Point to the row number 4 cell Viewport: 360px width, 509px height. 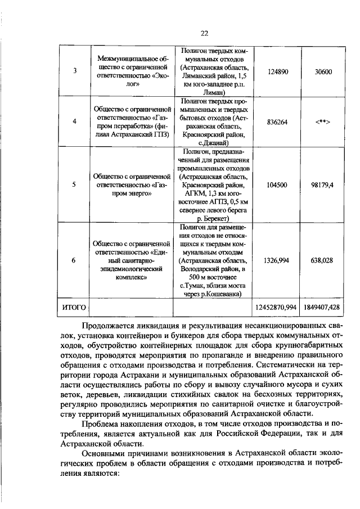[x=75, y=121]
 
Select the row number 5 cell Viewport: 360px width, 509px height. [x=75, y=184]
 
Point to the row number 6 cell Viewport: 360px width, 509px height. [x=75, y=260]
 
